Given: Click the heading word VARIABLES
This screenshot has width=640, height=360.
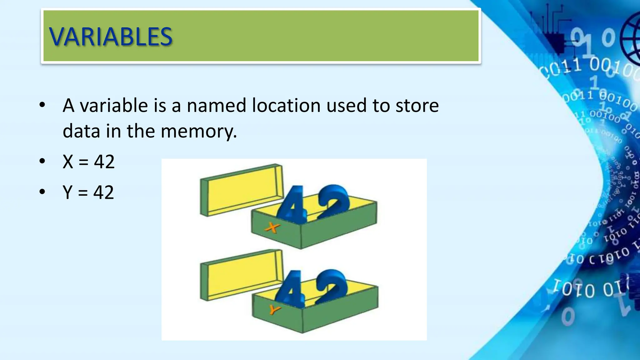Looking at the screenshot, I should click(111, 37).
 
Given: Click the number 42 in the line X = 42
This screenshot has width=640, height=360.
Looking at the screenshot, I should click(104, 162).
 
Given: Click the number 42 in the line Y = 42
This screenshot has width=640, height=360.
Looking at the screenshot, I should click(104, 192).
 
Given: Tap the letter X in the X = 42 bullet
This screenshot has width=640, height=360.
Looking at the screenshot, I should click(68, 162).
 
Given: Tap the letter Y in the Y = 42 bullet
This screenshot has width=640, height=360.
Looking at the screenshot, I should click(67, 192).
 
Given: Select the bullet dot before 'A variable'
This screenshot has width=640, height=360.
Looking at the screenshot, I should click(42, 105).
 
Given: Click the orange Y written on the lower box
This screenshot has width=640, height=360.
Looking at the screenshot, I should click(274, 310).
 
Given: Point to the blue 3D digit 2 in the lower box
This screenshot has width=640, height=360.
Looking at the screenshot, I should click(331, 286).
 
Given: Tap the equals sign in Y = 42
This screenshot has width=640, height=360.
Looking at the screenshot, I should click(83, 193).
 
